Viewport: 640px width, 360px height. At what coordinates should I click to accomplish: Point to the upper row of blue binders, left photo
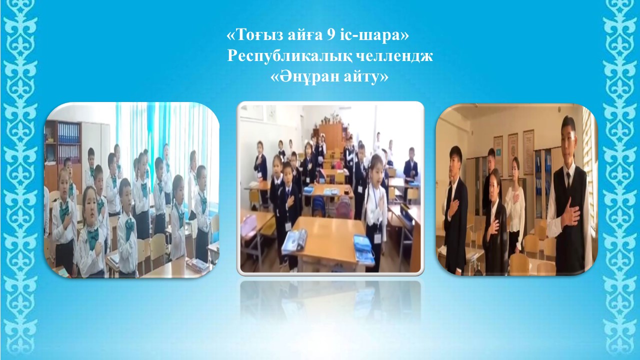coord(68,133)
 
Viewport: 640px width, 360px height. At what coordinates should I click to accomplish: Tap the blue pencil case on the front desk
coord(364,246)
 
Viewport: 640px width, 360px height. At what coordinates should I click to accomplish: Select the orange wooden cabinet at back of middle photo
coord(330,135)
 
